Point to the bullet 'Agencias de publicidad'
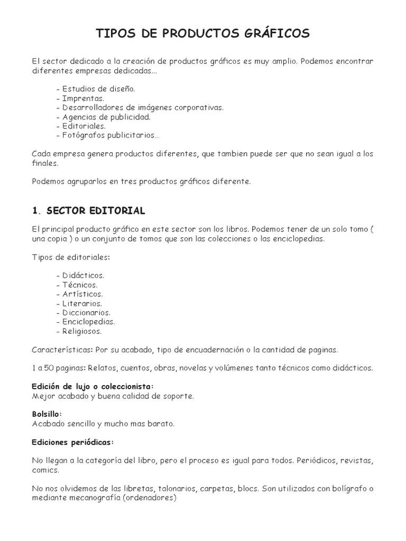pyautogui.click(x=106, y=117)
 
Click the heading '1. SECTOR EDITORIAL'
pyautogui.click(x=88, y=211)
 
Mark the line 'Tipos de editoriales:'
pyautogui.click(x=71, y=257)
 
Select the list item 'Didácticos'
pyautogui.click(x=83, y=275)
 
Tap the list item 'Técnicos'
pyautogui.click(x=80, y=285)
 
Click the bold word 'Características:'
pyautogui.click(x=62, y=350)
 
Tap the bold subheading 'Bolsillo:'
pyautogui.click(x=47, y=414)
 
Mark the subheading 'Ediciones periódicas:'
pyautogui.click(x=73, y=442)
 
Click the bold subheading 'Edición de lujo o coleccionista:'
pyautogui.click(x=93, y=386)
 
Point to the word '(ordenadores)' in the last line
pyautogui.click(x=149, y=498)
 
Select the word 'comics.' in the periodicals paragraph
pyautogui.click(x=45, y=470)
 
